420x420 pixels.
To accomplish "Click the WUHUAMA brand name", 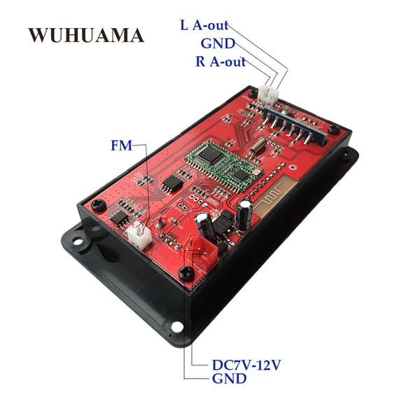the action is coord(86,35).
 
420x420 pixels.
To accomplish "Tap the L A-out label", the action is coord(204,25).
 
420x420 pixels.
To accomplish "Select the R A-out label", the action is coord(220,62).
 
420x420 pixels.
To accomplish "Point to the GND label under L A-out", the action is coord(218,43).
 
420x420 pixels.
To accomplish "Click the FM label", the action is coord(122,146).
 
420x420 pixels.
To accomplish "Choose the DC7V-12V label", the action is coord(246,365).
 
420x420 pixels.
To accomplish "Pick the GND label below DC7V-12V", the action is coord(230,379).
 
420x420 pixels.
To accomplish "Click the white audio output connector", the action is coord(268,94).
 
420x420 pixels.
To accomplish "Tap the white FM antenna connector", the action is coord(139,234).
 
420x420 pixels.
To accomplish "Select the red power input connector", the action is coord(202,255).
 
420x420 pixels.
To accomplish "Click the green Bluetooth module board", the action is coord(223,164).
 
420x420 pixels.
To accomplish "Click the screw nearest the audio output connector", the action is coord(252,92).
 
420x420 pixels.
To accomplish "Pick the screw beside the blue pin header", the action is coord(335,128).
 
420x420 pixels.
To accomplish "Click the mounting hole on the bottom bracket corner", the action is coord(177,326).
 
